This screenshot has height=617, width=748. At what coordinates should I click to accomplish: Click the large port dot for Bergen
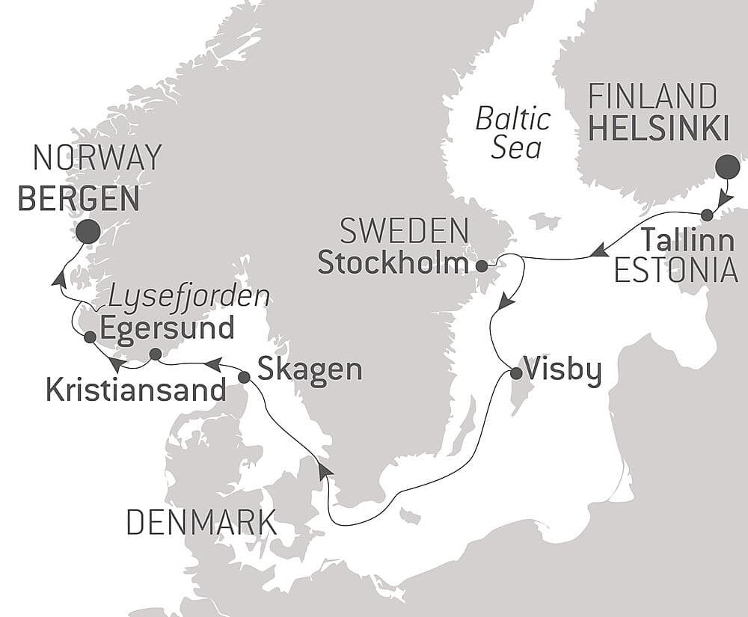(88, 231)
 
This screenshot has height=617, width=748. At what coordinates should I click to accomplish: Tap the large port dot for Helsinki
(727, 167)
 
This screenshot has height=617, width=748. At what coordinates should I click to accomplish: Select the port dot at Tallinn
(707, 215)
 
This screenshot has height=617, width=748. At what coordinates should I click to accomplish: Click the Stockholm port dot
(482, 265)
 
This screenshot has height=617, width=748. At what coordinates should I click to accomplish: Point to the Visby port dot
(515, 373)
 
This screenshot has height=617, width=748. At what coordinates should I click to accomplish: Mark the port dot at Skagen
(244, 378)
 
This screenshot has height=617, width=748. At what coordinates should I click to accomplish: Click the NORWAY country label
(97, 158)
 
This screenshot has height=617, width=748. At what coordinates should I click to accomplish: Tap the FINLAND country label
(652, 97)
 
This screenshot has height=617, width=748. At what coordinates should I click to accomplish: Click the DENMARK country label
(200, 522)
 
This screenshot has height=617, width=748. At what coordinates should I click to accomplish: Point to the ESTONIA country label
(675, 271)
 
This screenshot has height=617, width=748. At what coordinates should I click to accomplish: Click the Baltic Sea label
(515, 133)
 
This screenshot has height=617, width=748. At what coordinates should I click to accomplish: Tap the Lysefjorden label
(188, 297)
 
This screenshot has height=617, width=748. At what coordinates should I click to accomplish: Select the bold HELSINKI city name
(658, 129)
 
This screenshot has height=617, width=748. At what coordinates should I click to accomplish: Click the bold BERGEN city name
(79, 199)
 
